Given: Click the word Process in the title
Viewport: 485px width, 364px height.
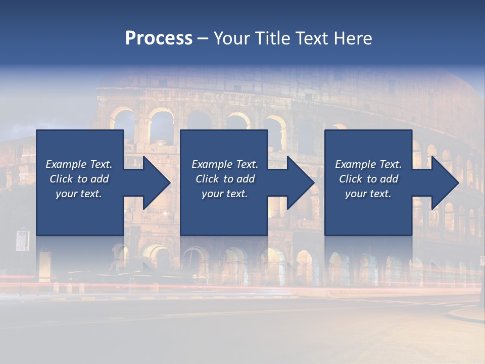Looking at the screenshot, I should coord(159,38).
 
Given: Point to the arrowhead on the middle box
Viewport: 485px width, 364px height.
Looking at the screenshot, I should coord(298,183).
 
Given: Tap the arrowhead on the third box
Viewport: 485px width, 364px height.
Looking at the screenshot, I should coord(442,183).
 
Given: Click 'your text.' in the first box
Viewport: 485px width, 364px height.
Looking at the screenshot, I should coord(79,194).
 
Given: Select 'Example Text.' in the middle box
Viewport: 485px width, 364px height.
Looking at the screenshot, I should coord(225,164).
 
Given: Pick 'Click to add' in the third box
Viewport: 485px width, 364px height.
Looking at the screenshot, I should coord(369,179).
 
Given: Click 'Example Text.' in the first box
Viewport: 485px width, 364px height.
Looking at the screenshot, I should coord(79,164).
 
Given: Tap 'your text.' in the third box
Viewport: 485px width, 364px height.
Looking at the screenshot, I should coord(368,194).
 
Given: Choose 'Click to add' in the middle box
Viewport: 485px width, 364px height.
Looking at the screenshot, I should coord(225,179).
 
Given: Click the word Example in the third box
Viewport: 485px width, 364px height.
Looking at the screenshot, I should coord(355,164).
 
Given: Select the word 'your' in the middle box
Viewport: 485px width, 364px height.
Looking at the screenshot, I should coord(212,194).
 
